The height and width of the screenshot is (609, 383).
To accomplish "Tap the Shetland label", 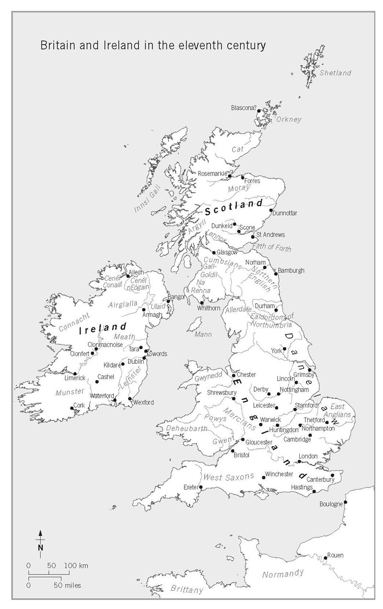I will [335, 73].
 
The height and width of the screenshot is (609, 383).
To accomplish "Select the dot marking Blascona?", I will [259, 111].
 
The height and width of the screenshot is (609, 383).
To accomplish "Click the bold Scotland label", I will [234, 207].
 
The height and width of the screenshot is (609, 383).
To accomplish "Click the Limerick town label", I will [75, 378].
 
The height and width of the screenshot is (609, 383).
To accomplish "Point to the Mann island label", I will [203, 334].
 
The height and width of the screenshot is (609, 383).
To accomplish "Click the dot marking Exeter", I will [201, 488].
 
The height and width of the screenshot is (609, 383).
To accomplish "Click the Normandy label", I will [283, 574].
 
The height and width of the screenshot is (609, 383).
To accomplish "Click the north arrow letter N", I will [41, 547].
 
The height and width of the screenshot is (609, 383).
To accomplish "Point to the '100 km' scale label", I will [76, 566].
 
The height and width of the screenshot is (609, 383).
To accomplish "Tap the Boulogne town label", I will [331, 504].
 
